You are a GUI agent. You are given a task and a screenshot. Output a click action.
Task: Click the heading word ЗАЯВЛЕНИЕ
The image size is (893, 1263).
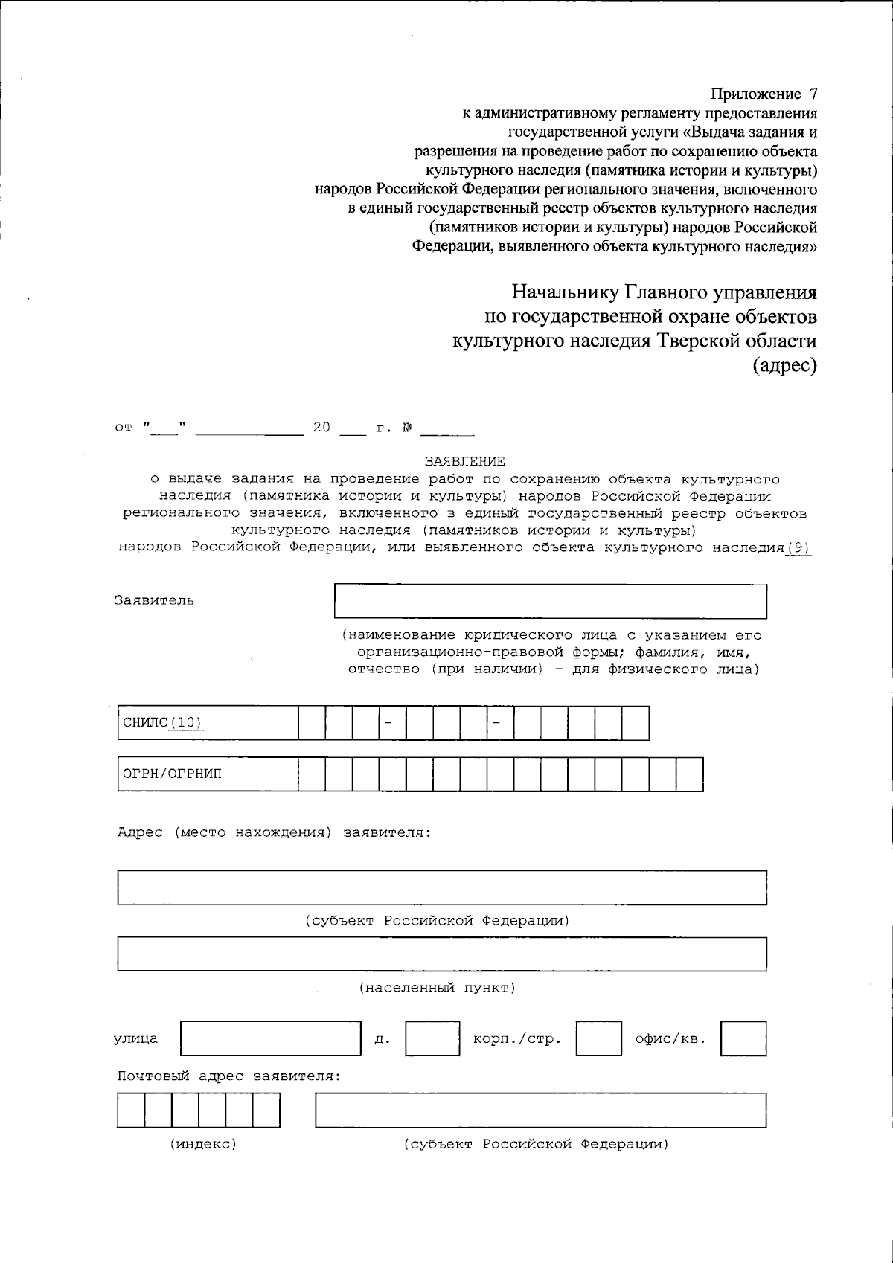[464, 462]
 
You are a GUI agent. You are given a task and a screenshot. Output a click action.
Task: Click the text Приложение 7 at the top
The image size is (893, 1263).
[764, 94]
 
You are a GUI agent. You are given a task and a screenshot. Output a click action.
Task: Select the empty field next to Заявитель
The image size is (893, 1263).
[550, 601]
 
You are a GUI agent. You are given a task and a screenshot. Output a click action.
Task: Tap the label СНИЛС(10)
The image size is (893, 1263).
[162, 723]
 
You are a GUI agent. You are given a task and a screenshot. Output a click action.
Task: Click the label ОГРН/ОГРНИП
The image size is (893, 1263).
[172, 774]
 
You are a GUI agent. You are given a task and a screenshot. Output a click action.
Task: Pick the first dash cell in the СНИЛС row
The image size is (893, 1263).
[392, 723]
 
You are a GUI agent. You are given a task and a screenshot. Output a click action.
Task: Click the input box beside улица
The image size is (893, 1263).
[271, 1038]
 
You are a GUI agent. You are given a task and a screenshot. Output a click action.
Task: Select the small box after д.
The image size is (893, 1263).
[432, 1038]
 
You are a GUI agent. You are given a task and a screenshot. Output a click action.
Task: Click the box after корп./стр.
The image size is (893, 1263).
[598, 1038]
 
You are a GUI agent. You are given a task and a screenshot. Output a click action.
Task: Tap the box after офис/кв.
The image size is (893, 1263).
[743, 1038]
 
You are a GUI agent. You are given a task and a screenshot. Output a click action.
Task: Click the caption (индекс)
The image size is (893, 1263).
[203, 1144]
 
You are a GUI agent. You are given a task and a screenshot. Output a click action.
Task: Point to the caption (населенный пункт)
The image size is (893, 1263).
[438, 988]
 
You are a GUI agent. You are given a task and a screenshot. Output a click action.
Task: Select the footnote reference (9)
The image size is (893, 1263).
[798, 548]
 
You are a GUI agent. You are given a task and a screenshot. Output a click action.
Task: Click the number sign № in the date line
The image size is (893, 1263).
[408, 428]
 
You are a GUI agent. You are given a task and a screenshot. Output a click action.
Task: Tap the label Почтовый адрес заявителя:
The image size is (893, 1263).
[229, 1076]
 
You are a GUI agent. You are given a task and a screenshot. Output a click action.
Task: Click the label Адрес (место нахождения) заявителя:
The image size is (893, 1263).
[274, 832]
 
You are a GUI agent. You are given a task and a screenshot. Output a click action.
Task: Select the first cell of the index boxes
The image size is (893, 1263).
[131, 1110]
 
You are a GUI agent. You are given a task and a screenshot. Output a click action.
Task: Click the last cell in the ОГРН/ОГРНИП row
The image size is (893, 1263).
[689, 774]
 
